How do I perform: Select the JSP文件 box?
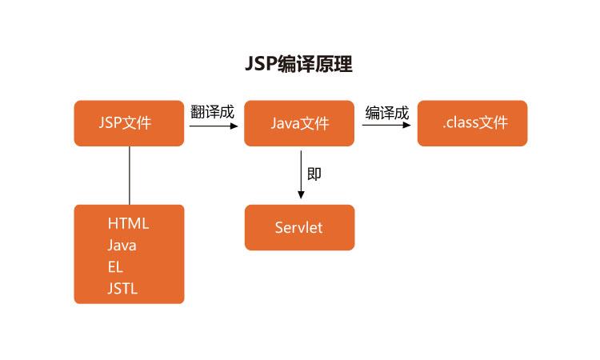coord(129,123)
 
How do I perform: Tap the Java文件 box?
coord(299,123)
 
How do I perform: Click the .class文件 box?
coord(472,123)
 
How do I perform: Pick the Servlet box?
coord(299,228)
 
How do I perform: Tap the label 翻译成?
coord(212,112)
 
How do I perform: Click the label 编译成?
coord(386,112)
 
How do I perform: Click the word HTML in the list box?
coord(128,224)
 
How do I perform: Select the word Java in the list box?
coord(122,246)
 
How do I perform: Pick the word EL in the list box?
coord(115,267)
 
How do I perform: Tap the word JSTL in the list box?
coord(122,289)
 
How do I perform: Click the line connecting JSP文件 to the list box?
coord(129,175)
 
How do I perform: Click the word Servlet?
coord(298,228)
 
